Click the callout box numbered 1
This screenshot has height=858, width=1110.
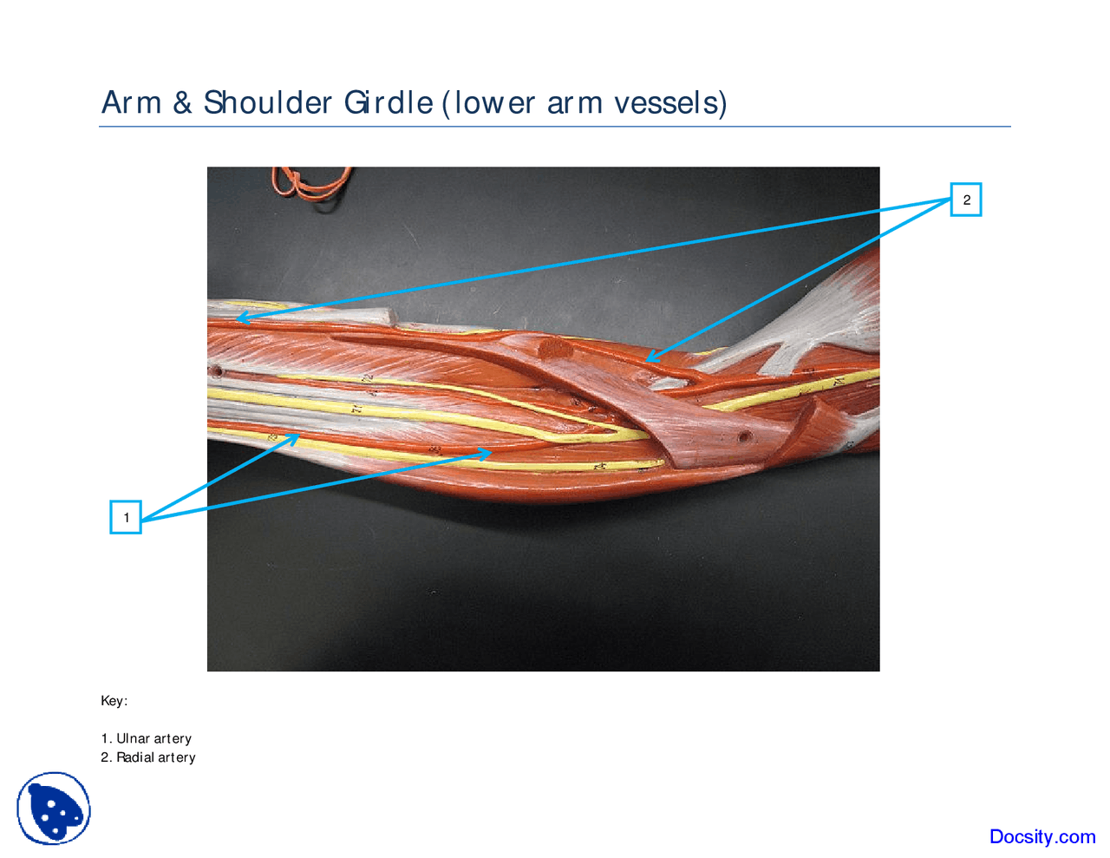tap(126, 517)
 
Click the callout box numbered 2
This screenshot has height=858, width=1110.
tap(966, 200)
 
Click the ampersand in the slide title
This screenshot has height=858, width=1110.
tap(182, 102)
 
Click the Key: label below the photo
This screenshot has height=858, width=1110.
tap(114, 700)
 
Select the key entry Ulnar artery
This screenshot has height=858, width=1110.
tap(153, 738)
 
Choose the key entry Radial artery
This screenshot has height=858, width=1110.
tap(156, 757)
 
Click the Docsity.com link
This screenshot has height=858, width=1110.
tap(1041, 836)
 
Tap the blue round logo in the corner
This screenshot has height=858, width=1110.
tap(54, 809)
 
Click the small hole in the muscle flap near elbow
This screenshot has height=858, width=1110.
tap(744, 436)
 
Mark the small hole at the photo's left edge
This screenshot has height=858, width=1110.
tap(215, 372)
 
